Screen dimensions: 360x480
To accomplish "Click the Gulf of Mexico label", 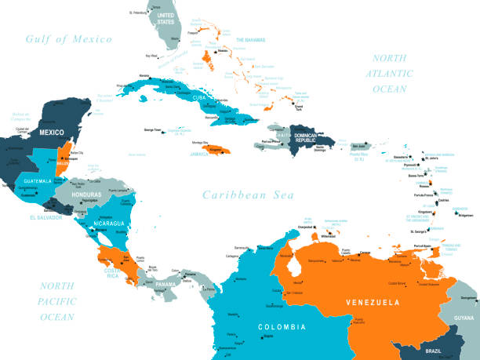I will click(x=68, y=39).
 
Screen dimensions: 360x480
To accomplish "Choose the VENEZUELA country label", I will click(x=373, y=302).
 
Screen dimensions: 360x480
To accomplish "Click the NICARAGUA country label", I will click(x=106, y=224).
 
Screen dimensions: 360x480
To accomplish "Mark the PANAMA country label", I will click(x=165, y=284).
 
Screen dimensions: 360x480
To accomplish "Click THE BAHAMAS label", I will click(x=250, y=39).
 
